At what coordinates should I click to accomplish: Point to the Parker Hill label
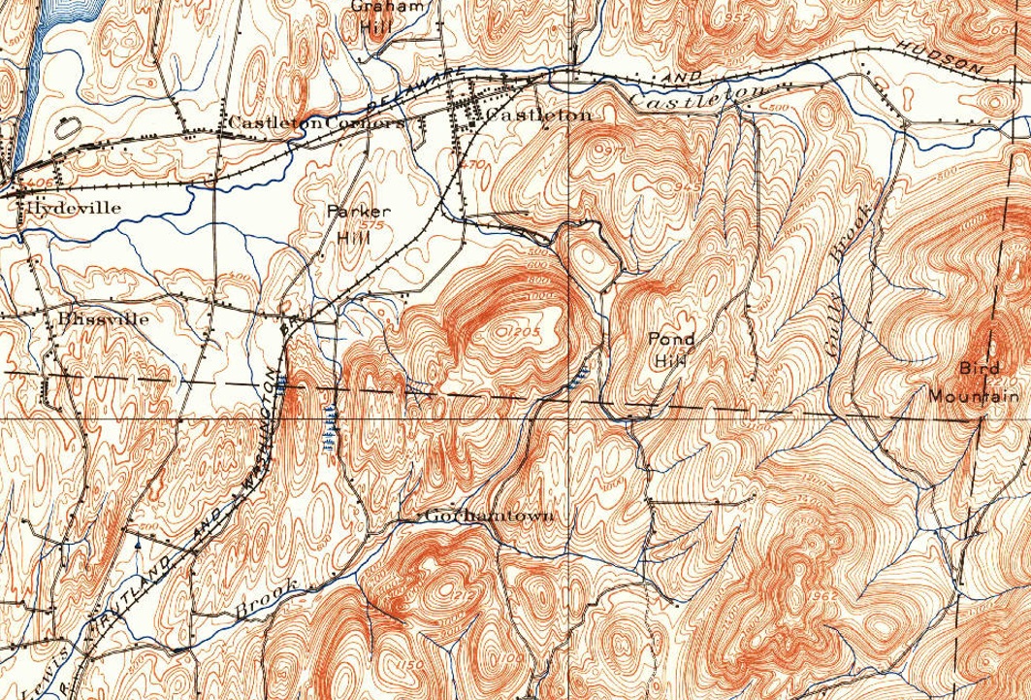point(345,222)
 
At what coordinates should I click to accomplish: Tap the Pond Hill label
point(672,349)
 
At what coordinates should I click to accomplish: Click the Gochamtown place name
point(489,516)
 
